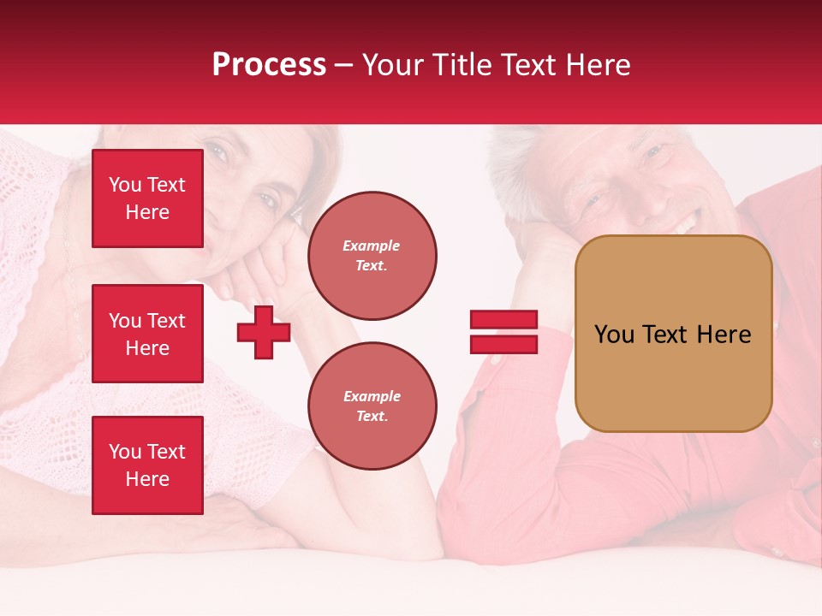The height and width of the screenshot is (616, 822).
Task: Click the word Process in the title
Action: point(269,65)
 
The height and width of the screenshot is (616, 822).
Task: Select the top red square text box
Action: point(147,198)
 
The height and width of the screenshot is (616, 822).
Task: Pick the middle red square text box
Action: point(147,334)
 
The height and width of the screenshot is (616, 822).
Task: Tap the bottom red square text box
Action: point(147,465)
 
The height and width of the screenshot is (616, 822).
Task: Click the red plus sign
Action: point(264,332)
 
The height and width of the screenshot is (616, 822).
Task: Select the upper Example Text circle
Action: point(372,256)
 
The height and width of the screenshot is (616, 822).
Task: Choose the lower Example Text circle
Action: point(372,406)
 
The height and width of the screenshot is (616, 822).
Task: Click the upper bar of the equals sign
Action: point(503,320)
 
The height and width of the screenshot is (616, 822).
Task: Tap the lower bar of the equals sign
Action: point(503,345)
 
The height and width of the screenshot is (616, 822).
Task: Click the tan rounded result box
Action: point(673,376)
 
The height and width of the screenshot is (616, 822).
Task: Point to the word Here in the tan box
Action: point(724,335)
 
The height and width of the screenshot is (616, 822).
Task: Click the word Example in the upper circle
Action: point(372,246)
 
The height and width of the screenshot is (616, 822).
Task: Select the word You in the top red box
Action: point(125,185)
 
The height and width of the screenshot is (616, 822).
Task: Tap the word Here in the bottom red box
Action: point(147,479)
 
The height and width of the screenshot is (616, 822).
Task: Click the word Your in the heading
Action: point(390,65)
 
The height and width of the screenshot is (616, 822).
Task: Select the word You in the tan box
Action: point(614,335)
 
